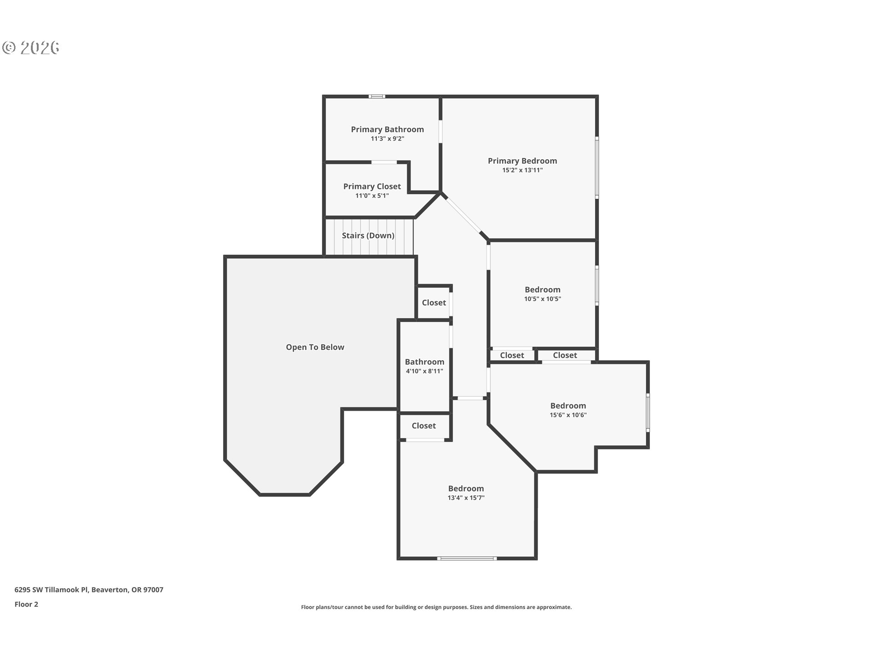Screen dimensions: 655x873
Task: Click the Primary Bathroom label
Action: [x=387, y=130]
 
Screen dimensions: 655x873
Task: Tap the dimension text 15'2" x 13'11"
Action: [x=522, y=170]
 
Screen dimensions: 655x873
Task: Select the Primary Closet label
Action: [x=372, y=186]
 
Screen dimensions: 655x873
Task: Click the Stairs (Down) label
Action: [x=368, y=236]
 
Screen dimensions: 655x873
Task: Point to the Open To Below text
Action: [x=315, y=347]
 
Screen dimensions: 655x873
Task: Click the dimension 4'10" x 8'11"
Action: [x=424, y=371]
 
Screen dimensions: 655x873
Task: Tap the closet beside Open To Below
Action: [x=434, y=303]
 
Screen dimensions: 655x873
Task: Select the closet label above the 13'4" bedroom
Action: [x=423, y=426]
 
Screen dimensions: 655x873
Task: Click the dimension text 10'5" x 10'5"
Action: [x=542, y=299]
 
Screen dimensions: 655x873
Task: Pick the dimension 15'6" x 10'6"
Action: [x=568, y=415]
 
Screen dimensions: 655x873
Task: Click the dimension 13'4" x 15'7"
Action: [x=466, y=498]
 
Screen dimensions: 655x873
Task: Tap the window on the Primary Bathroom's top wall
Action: [x=376, y=96]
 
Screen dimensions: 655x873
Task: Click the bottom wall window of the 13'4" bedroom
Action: [x=467, y=558]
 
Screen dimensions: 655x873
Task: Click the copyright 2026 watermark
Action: [x=31, y=48]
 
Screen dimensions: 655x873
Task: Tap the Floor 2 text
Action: [x=26, y=604]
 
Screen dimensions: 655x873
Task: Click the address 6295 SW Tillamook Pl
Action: [x=89, y=589]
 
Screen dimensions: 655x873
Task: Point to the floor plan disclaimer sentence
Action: [x=436, y=607]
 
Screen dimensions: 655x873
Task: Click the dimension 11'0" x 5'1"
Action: [x=372, y=196]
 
